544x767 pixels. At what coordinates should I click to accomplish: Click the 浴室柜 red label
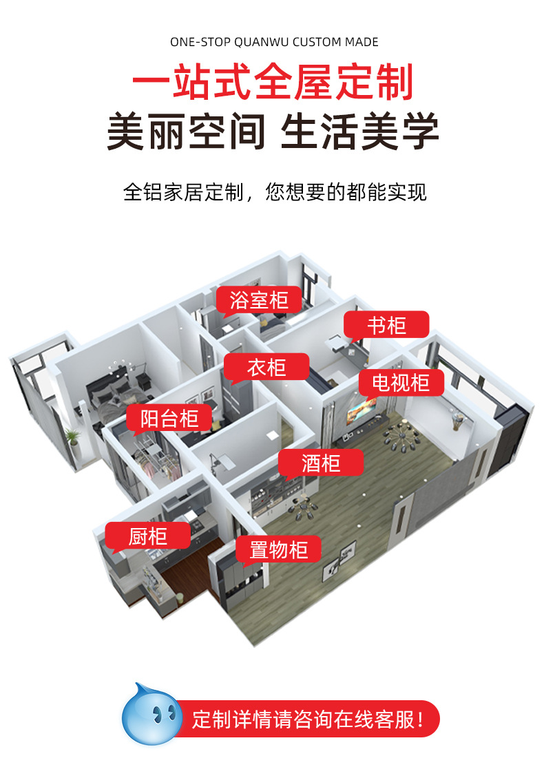259,300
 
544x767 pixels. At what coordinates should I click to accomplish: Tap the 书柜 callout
386,324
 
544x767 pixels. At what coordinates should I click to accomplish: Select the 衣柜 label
266,367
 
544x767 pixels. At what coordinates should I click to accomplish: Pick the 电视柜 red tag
400,382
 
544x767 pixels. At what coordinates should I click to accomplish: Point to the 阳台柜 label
169,418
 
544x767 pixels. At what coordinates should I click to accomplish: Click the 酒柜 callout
321,463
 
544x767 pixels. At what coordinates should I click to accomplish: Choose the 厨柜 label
148,536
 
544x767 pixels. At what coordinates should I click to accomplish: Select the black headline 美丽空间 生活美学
273,132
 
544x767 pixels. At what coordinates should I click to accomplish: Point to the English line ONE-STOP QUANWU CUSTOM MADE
274,43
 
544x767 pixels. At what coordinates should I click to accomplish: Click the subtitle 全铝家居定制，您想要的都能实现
274,191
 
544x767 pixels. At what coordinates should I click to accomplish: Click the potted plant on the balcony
71,436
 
